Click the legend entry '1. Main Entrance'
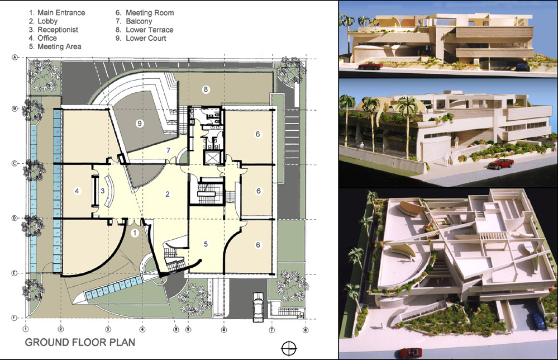pos(57,13)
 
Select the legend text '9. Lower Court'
pos(141,38)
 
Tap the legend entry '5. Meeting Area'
pos(55,46)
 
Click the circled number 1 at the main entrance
pos(135,233)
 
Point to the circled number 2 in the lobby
pos(167,194)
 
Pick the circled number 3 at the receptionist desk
pos(102,191)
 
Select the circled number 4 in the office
pos(77,191)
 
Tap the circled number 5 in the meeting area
pos(206,244)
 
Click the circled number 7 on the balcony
pos(168,150)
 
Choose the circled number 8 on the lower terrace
pos(206,89)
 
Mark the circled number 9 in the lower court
pos(140,124)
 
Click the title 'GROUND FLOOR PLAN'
pos(80,343)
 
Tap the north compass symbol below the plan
pos(289,348)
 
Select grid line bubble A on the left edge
pos(15,57)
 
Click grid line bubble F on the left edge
pos(15,318)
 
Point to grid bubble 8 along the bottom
pos(305,330)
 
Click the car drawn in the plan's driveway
pos(258,307)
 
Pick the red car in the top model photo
pos(370,65)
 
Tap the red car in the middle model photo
pos(500,164)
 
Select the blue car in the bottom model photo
pos(540,320)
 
